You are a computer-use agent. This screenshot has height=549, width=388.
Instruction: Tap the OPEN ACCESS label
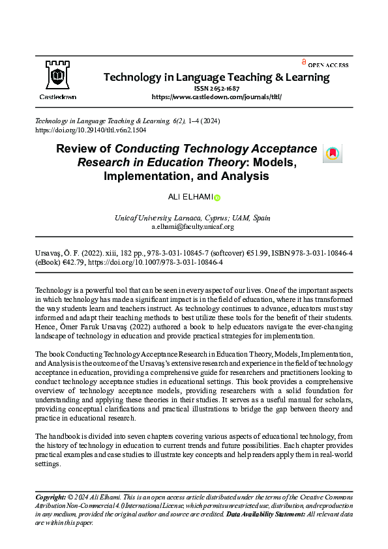coord(327,65)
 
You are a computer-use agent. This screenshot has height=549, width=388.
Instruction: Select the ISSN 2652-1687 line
coord(216,87)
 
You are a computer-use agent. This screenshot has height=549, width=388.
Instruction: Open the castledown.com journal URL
coord(216,96)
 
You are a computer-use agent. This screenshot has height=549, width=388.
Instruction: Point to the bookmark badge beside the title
coord(332,153)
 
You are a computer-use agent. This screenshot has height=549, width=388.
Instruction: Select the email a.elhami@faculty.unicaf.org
coord(192,227)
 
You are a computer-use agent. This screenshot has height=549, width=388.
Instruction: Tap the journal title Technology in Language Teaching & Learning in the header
coord(216,77)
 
